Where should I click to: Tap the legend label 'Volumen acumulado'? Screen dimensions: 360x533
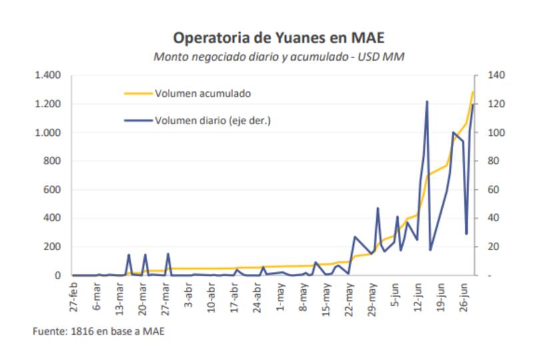(x=203, y=93)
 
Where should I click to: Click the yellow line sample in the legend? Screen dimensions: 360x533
(x=139, y=93)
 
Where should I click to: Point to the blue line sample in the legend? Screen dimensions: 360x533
(x=139, y=121)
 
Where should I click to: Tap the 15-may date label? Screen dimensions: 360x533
(x=326, y=297)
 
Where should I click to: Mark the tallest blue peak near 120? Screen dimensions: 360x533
(x=426, y=101)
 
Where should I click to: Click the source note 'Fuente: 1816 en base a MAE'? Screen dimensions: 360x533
(x=98, y=332)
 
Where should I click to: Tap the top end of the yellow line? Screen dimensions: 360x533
(x=473, y=92)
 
